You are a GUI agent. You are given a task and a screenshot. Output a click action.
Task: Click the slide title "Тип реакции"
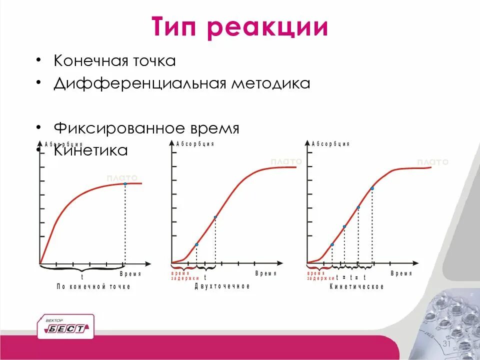pos(240,27)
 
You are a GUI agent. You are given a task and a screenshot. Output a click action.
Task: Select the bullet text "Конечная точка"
pos(114,61)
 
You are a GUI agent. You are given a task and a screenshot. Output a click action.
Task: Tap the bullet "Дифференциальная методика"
pos(182,83)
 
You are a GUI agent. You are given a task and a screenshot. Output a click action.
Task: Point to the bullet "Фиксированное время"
pos(146,128)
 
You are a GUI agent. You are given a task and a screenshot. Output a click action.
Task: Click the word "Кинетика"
pos(91,150)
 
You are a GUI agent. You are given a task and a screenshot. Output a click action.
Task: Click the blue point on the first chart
pos(125,184)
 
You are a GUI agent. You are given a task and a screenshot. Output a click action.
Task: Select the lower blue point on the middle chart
pos(196,244)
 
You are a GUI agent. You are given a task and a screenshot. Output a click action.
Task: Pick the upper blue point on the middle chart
pos(215,217)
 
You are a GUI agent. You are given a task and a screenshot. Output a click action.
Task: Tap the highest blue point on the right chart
pos(372,188)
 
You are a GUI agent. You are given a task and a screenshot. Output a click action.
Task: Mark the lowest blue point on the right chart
pos(332,244)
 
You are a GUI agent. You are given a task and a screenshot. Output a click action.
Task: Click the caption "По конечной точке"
pos(93,286)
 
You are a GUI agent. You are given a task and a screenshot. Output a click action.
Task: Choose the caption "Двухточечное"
pos(222,286)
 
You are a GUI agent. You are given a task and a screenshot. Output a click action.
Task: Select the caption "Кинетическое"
pos(356,286)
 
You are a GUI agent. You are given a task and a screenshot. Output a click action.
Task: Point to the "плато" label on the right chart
pos(432,162)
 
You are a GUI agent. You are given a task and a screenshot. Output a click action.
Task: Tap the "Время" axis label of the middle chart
pos(266,273)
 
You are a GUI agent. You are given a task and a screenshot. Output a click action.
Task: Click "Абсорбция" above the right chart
pos(330,144)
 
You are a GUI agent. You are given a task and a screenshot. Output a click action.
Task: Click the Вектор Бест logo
pos(65,326)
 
